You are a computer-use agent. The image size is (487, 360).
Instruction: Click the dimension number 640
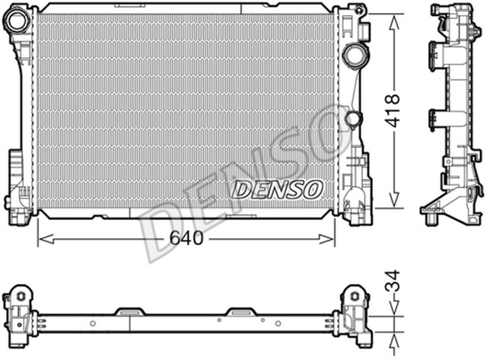coord(186,238)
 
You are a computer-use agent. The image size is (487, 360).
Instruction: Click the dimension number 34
coord(393,287)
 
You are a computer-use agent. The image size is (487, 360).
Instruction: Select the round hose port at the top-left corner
coord(16,24)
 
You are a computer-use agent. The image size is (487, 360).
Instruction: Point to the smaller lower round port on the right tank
coord(352,119)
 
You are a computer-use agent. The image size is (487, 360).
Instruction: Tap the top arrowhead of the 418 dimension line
coord(393,21)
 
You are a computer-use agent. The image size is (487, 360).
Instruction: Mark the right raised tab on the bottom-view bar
coord(243,311)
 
